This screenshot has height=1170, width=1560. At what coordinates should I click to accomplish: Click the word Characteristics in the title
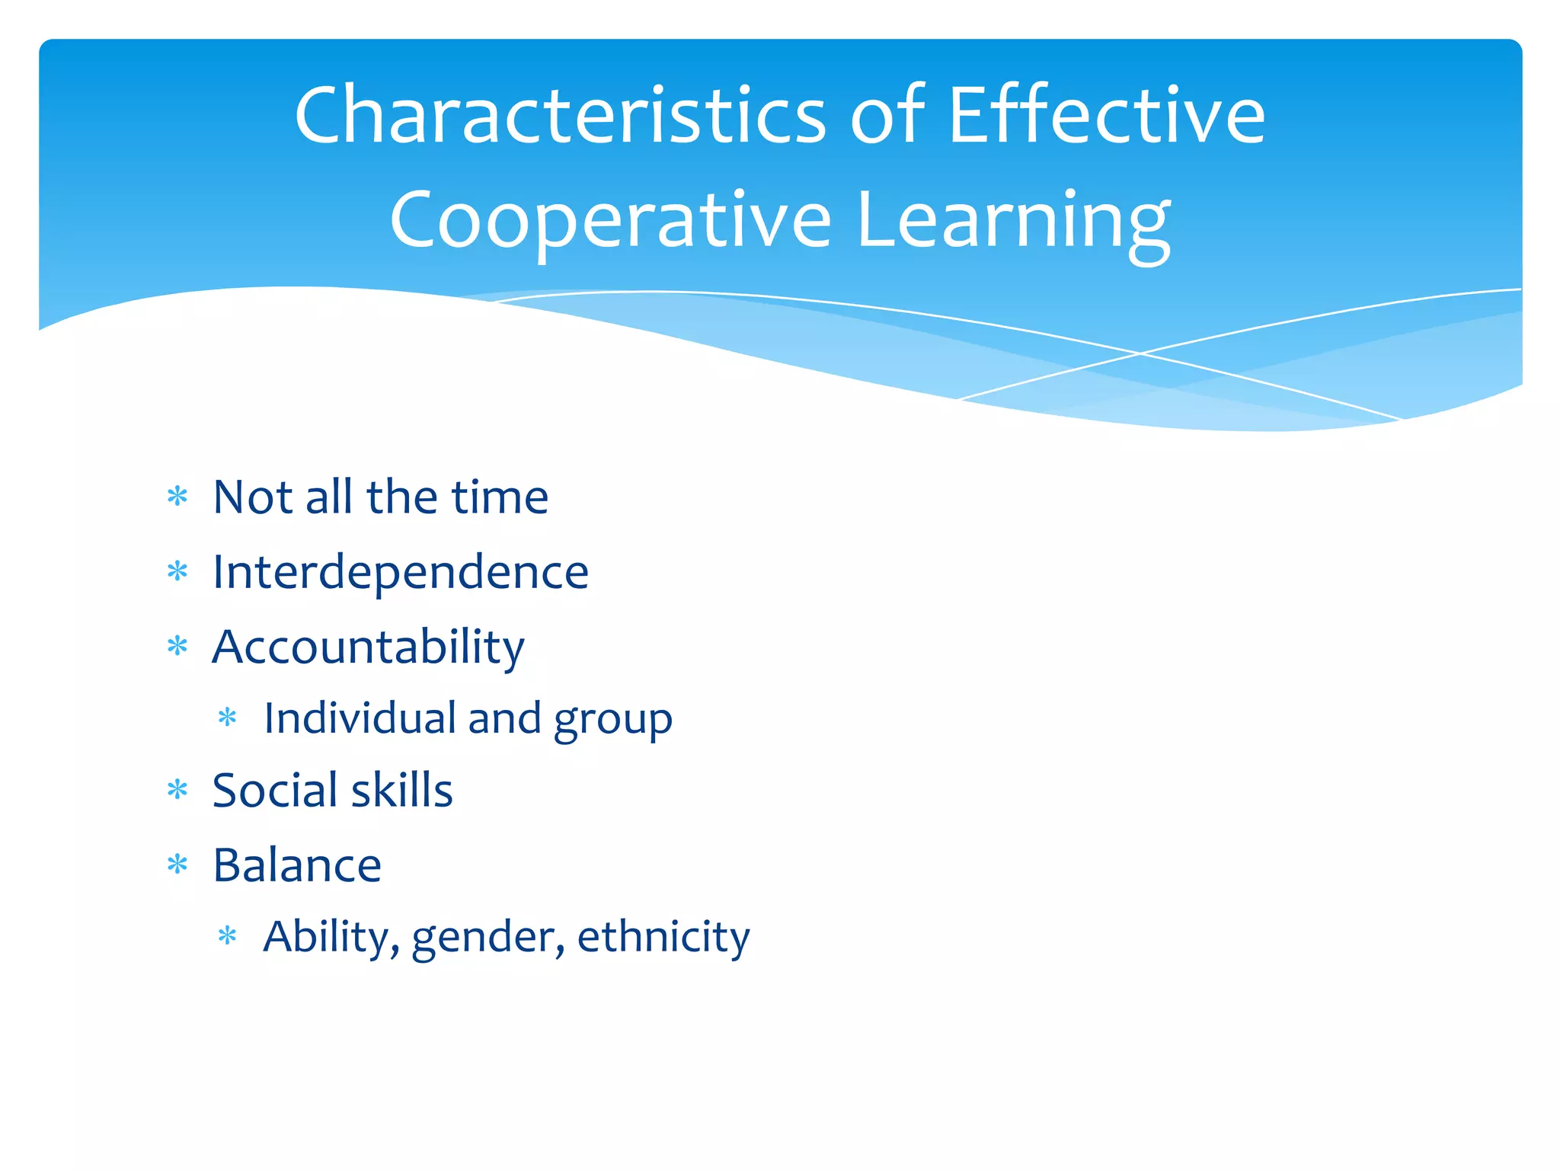tap(560, 116)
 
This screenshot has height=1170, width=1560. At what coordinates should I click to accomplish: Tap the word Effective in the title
tap(1106, 116)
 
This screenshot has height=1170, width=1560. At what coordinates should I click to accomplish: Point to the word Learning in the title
tap(1013, 221)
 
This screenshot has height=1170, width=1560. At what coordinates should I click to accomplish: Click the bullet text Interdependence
tap(401, 572)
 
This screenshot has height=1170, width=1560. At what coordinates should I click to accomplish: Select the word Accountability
tap(369, 647)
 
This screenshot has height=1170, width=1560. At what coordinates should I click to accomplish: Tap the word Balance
tap(297, 865)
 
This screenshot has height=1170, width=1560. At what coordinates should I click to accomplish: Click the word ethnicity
tap(663, 937)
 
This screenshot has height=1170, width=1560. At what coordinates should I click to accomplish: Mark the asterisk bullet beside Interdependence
tap(177, 571)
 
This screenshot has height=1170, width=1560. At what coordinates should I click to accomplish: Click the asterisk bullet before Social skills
tap(177, 790)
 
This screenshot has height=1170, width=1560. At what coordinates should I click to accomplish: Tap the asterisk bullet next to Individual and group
tap(228, 718)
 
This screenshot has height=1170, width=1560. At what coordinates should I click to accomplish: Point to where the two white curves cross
tap(1140, 353)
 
